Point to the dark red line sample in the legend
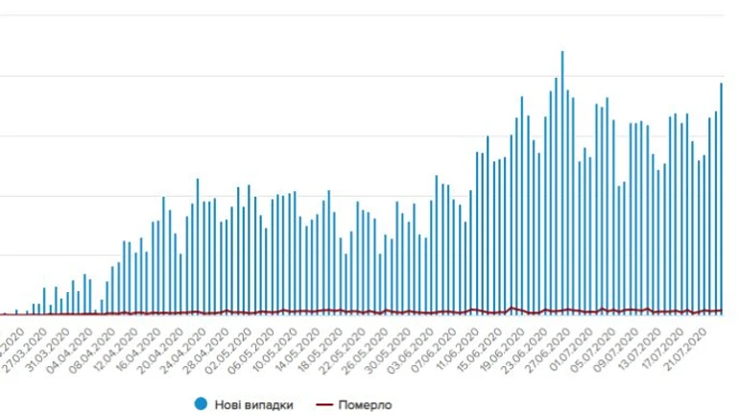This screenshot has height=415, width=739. tap(323, 404)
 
